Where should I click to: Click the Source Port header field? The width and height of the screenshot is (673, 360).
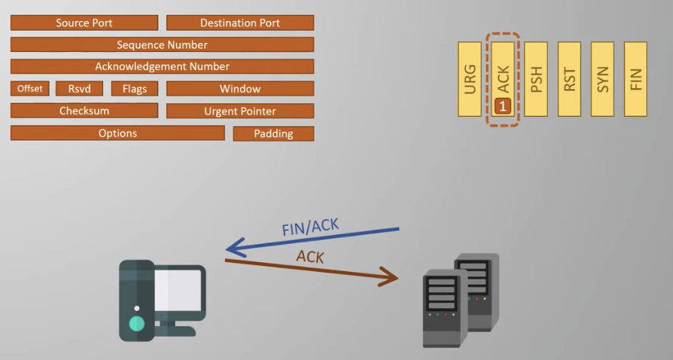click(84, 23)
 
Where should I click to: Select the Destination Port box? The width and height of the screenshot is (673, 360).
click(239, 23)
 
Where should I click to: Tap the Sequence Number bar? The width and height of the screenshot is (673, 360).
click(162, 44)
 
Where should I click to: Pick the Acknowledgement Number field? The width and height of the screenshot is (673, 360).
click(162, 66)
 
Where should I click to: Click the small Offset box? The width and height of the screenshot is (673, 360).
click(30, 89)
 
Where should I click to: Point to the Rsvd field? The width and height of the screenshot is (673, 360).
click(79, 89)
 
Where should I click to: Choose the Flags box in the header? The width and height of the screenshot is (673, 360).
click(135, 89)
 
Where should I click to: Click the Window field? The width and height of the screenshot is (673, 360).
click(239, 89)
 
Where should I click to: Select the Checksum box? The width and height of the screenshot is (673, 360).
click(84, 111)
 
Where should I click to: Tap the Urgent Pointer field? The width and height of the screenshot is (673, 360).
click(239, 111)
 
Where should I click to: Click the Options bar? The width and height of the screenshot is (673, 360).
click(117, 133)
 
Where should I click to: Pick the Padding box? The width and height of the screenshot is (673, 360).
click(273, 134)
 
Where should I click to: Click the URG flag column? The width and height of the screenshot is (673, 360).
click(470, 79)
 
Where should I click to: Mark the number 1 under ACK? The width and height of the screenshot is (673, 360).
click(503, 106)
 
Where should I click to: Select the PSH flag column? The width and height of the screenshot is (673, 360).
click(536, 79)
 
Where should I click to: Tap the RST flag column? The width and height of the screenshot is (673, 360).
click(569, 79)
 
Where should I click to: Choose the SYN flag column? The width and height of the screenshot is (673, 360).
click(602, 79)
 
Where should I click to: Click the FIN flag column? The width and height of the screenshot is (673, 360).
click(635, 79)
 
